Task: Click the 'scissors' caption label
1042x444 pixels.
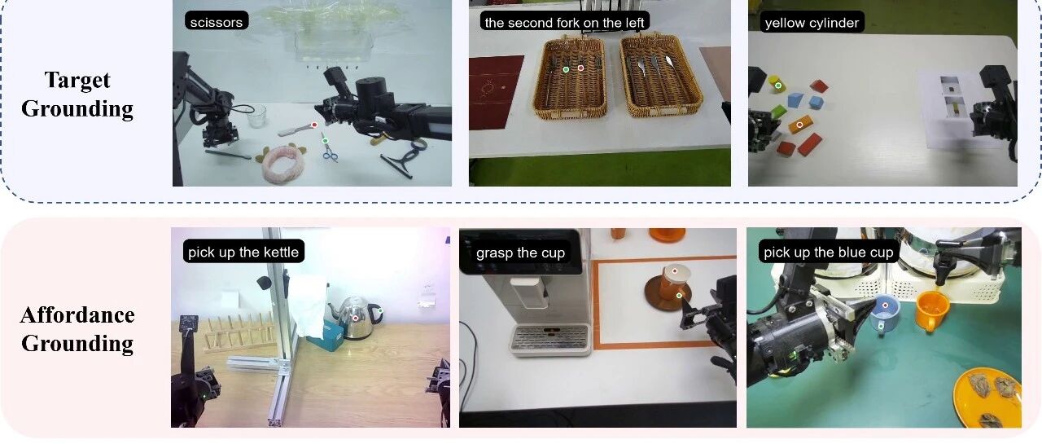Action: click(x=217, y=22)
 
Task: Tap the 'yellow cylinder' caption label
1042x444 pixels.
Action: click(x=812, y=23)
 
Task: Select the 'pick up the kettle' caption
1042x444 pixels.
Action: click(x=243, y=252)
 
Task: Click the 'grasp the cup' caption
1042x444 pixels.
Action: click(x=520, y=253)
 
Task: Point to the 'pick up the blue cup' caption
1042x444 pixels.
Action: click(x=829, y=252)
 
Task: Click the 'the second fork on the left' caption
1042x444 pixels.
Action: click(x=564, y=22)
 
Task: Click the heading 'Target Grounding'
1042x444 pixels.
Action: click(x=77, y=95)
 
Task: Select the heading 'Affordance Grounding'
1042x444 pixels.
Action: click(x=77, y=329)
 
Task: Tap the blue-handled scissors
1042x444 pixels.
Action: click(x=328, y=148)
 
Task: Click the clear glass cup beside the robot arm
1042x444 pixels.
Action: click(x=256, y=116)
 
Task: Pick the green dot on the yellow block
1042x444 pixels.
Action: click(x=778, y=86)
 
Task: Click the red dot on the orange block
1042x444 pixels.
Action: click(x=799, y=125)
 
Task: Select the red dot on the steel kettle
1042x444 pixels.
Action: click(x=356, y=318)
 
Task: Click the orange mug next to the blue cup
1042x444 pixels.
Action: click(x=932, y=310)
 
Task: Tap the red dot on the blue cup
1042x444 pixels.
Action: click(x=885, y=306)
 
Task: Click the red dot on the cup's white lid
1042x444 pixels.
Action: click(x=675, y=270)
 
